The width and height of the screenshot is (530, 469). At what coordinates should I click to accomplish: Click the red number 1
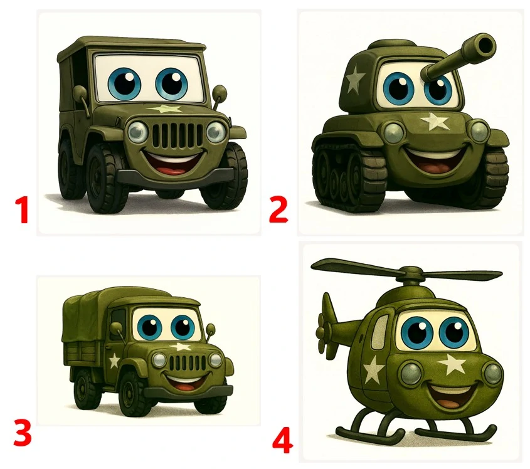pos(23,210)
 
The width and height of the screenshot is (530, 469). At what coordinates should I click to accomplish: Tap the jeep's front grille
pos(178,135)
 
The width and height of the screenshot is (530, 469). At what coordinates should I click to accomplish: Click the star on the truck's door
pos(114,361)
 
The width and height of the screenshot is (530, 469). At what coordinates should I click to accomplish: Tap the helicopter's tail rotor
pos(326,327)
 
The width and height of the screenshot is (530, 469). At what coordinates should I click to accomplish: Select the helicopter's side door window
pos(379,331)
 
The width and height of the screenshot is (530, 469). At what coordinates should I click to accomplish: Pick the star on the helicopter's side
pos(373,370)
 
